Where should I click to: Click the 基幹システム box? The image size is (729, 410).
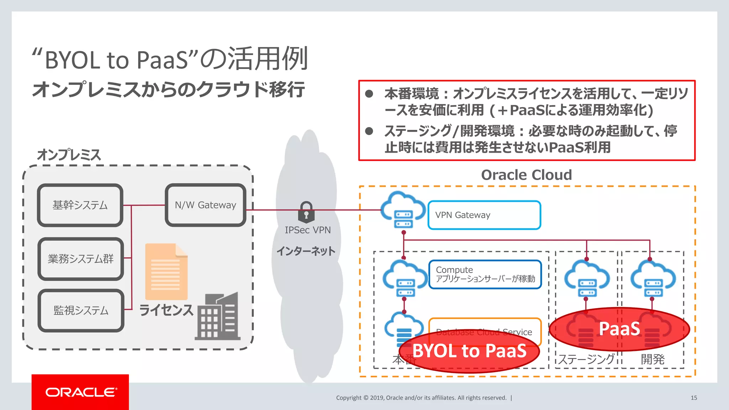(80, 205)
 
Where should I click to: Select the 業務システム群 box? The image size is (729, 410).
(81, 259)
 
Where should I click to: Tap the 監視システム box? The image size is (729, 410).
(81, 310)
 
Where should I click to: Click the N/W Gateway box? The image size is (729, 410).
(205, 205)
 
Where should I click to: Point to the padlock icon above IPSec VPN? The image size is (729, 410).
(306, 211)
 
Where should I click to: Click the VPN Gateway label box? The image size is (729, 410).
(484, 215)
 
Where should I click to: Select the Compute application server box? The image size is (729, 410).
(485, 274)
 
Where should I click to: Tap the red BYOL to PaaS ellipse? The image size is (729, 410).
(469, 351)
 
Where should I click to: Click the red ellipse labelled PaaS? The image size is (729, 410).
(619, 329)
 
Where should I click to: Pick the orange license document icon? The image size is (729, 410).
(166, 272)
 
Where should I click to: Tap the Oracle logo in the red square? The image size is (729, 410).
(80, 392)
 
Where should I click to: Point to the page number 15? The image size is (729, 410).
(694, 398)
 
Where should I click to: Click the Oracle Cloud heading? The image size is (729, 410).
(526, 175)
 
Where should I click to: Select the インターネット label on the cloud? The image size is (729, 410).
(306, 251)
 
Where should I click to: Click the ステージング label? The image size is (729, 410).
(586, 359)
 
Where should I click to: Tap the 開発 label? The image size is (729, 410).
(652, 359)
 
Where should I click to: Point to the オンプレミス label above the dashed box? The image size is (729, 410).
(69, 155)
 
